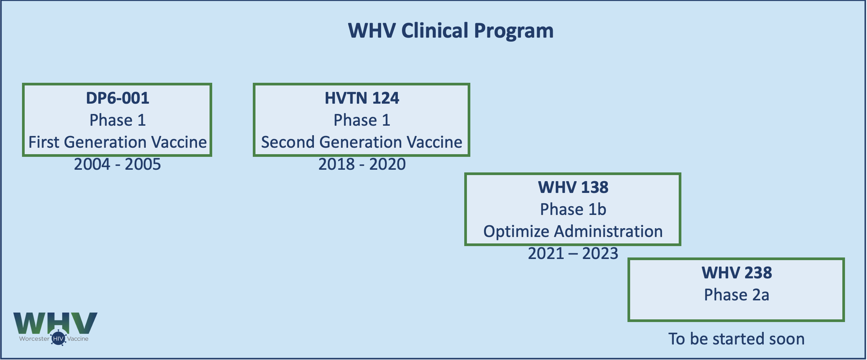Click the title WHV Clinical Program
(451, 31)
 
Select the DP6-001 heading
(118, 98)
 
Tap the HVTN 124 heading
(362, 98)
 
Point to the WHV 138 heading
(573, 187)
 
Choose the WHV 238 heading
(737, 273)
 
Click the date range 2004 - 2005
(118, 164)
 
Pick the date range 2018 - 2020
(362, 164)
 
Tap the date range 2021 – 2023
(573, 253)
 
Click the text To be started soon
(736, 339)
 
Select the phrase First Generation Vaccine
(118, 142)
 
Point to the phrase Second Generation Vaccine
(362, 142)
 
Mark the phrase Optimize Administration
(573, 232)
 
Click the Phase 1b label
(573, 209)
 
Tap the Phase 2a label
(737, 295)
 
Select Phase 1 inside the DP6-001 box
(118, 120)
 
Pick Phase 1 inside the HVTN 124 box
(362, 120)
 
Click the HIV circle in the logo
(58, 338)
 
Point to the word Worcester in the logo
(34, 339)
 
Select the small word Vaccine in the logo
(78, 339)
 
